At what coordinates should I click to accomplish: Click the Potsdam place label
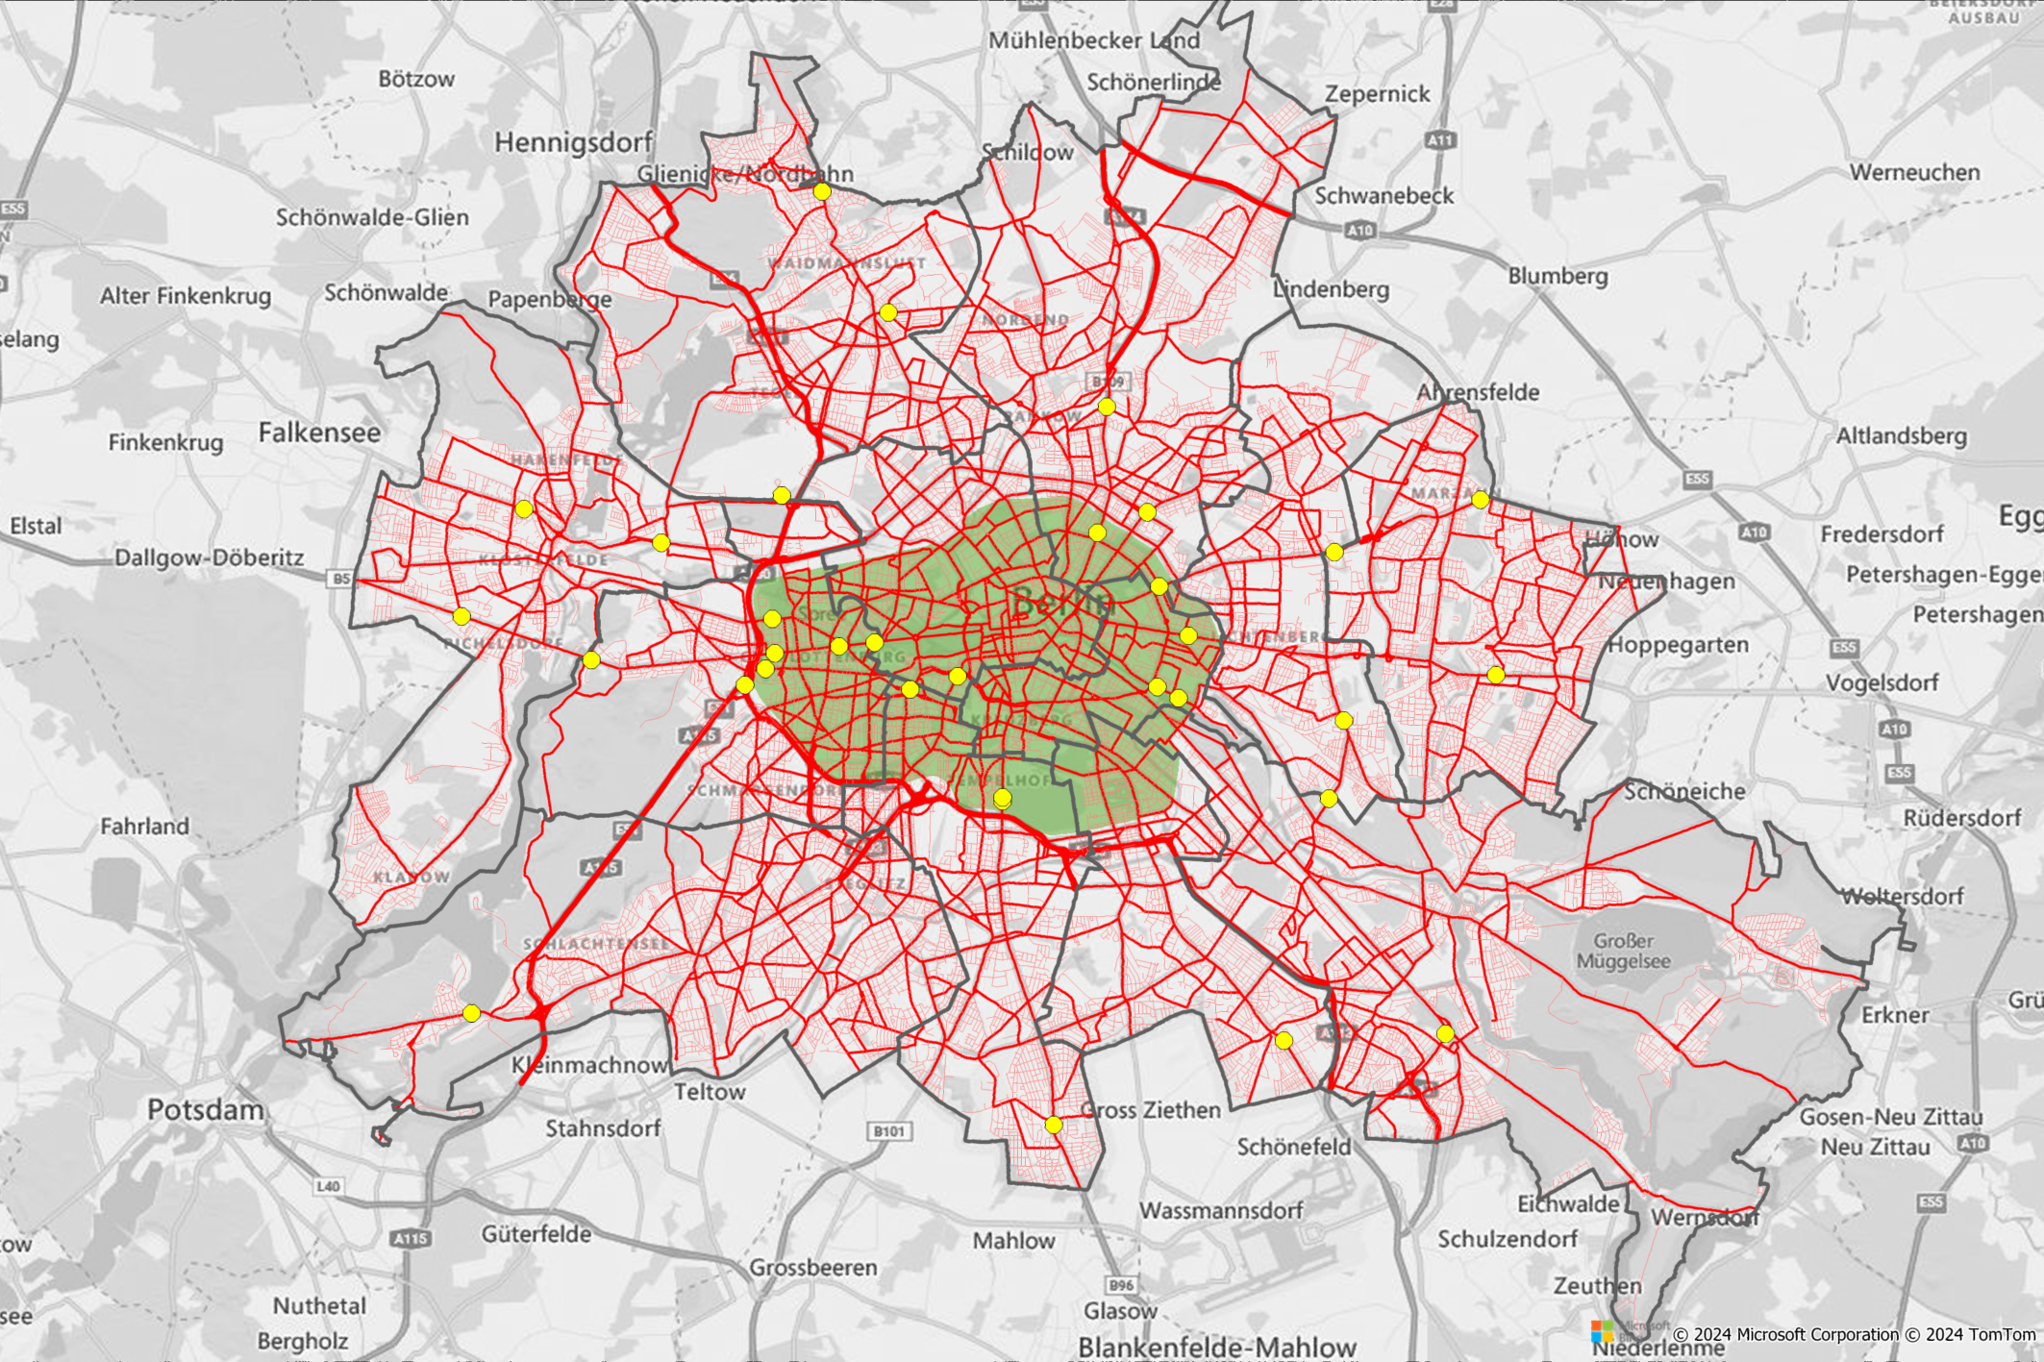[x=205, y=1110]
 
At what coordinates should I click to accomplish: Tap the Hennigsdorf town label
[x=573, y=143]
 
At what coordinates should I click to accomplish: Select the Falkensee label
[x=319, y=433]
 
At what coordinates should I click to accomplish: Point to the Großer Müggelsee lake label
[x=1623, y=951]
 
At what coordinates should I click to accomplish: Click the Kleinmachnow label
[x=589, y=1065]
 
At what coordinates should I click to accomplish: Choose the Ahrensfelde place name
[x=1478, y=392]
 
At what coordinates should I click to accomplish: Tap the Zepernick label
[x=1377, y=94]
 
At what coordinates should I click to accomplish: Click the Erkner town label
[x=1895, y=1015]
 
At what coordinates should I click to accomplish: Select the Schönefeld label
[x=1293, y=1147]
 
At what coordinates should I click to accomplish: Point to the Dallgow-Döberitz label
[x=209, y=557]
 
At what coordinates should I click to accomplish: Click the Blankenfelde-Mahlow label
[x=1216, y=1347]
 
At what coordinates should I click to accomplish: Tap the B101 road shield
[x=888, y=1131]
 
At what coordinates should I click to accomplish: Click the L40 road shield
[x=328, y=1186]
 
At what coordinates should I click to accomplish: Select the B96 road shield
[x=1121, y=1285]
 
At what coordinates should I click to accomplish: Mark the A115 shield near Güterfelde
[x=411, y=1239]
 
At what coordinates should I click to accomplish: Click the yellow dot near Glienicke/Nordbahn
[x=822, y=191]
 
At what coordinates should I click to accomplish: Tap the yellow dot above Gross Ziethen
[x=1054, y=1125]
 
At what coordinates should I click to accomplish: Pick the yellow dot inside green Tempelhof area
[x=1002, y=799]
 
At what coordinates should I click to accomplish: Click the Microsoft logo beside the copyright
[x=1602, y=1332]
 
